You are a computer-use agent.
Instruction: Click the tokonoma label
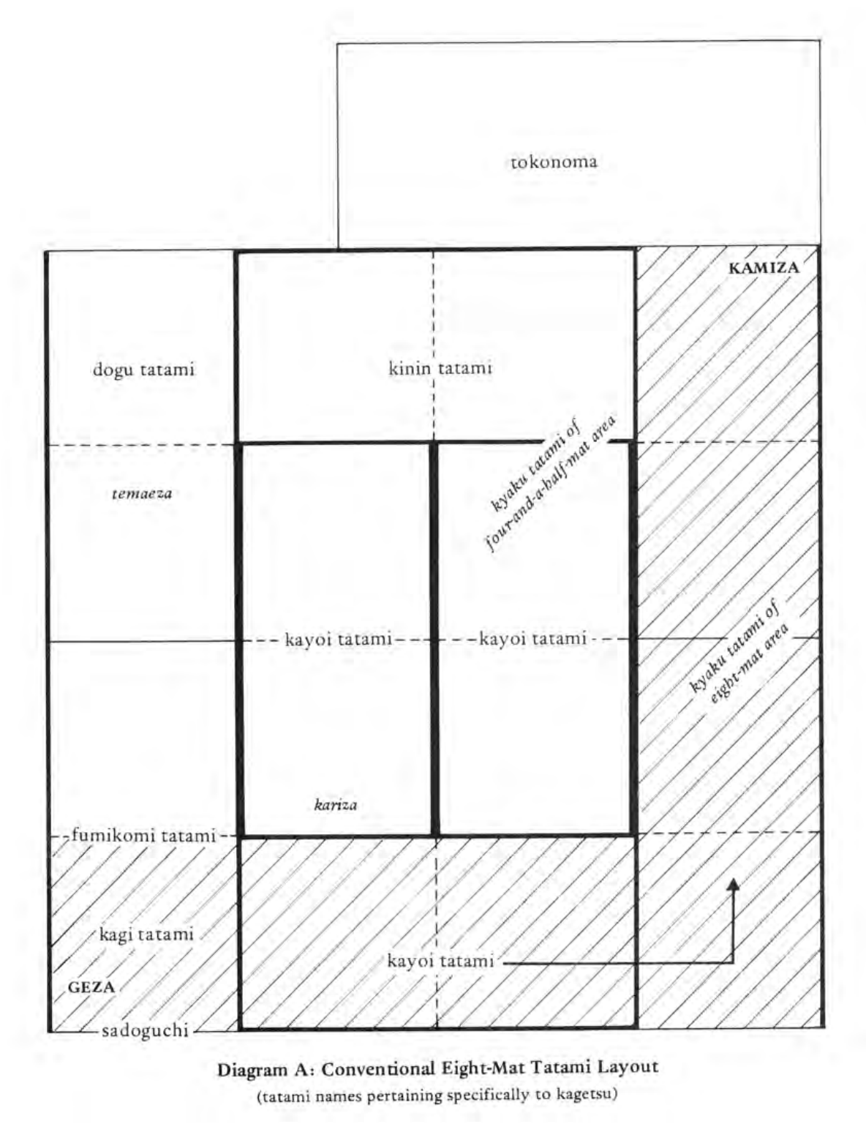click(554, 162)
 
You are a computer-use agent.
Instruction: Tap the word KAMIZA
click(764, 268)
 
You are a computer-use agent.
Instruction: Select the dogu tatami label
click(143, 369)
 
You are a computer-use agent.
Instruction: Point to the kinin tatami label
click(440, 368)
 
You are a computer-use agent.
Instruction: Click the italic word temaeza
click(142, 493)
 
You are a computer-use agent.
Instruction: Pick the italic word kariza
click(336, 805)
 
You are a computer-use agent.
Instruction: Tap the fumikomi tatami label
click(143, 835)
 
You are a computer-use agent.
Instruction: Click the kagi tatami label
click(146, 934)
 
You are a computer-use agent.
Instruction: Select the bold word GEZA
click(91, 986)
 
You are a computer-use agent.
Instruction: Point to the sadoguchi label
click(145, 1031)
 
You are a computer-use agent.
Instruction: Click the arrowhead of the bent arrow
click(733, 883)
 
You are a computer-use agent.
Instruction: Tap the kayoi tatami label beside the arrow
click(440, 961)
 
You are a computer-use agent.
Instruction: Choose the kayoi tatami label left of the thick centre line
click(338, 639)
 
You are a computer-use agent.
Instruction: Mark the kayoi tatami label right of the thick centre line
click(532, 639)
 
